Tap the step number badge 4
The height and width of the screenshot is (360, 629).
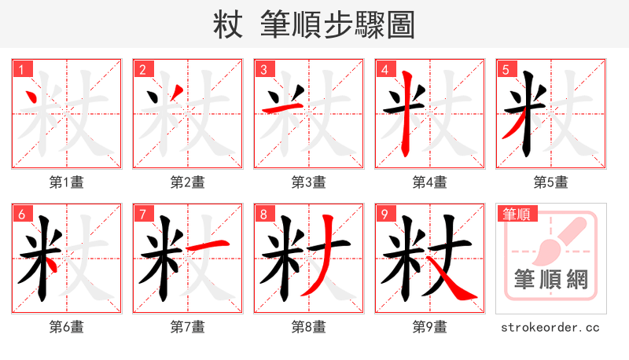coord(384,70)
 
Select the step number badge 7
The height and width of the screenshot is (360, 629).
coord(142,215)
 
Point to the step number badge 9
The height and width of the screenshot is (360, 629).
coord(384,215)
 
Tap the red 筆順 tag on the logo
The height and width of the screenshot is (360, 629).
coord(515,214)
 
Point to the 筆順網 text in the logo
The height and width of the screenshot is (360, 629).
coord(550,280)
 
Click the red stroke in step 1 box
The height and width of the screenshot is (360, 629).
coord(33,99)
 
